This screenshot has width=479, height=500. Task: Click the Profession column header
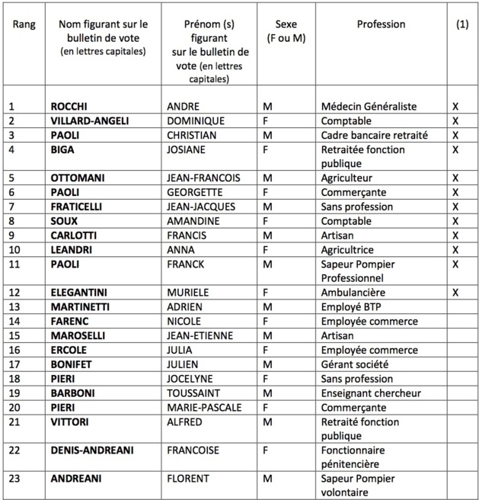[x=381, y=24]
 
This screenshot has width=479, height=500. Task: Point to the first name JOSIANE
[x=187, y=149]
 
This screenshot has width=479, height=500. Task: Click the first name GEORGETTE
[x=193, y=192]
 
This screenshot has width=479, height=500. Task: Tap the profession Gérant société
[x=356, y=364]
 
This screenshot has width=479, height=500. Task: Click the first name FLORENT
[x=188, y=478]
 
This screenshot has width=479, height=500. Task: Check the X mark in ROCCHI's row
[x=455, y=107]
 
